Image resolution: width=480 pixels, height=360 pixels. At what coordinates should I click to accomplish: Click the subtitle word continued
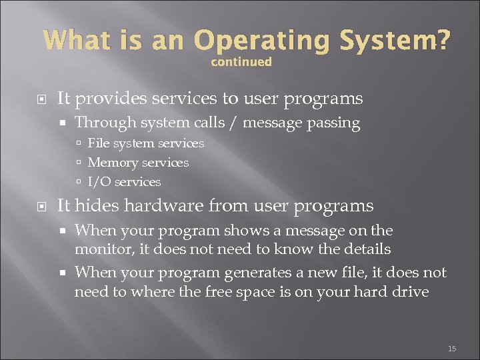241,62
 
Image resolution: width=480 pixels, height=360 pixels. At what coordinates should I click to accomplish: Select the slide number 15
451,349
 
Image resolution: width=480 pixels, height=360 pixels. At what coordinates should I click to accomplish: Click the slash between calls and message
236,123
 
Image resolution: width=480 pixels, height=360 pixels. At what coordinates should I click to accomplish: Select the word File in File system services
99,143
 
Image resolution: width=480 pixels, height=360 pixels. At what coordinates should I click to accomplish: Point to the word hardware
158,206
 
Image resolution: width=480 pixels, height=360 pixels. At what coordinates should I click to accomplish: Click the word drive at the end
411,292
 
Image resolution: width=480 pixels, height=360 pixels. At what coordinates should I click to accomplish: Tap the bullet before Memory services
79,163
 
